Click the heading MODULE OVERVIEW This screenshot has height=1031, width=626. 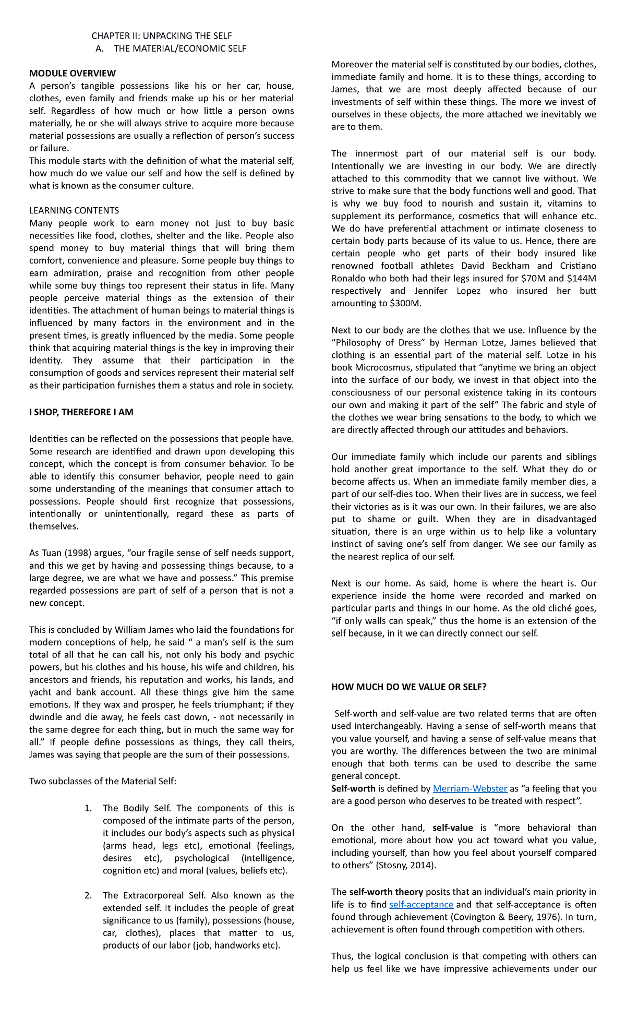tap(73, 73)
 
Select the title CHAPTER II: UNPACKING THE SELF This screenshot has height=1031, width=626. tap(162, 36)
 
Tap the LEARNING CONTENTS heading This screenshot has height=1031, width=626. tap(74, 210)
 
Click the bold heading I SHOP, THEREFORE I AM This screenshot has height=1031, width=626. tap(81, 412)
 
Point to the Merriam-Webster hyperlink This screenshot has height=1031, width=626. tap(470, 788)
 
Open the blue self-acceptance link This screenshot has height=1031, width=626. tap(421, 904)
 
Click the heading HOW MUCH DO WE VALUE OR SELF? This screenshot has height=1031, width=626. tap(408, 687)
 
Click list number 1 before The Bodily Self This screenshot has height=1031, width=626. tap(88, 808)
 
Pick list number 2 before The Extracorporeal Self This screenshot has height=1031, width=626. tap(88, 895)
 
